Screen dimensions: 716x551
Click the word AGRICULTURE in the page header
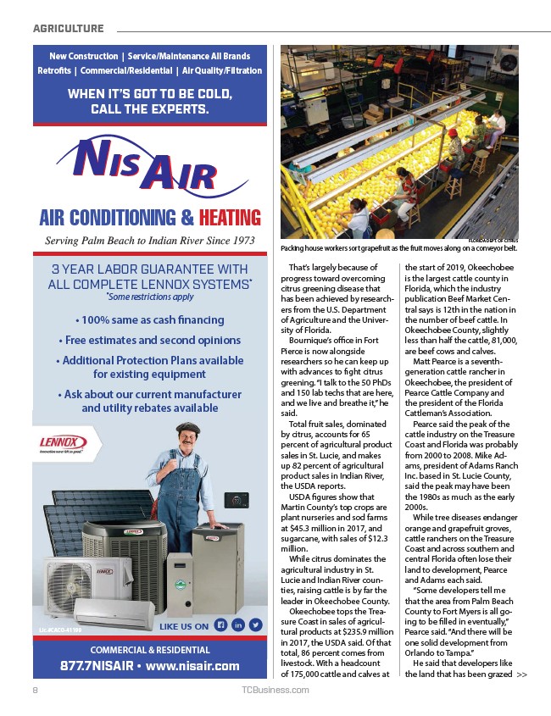point(69,29)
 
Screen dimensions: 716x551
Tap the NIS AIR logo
point(146,166)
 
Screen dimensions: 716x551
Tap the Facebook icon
point(219,626)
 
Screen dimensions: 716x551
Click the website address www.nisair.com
point(194,665)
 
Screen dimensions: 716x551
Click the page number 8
point(36,690)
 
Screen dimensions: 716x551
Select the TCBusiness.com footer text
point(275,690)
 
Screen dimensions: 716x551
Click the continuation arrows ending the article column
point(521,674)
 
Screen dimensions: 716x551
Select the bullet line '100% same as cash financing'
point(149,320)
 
